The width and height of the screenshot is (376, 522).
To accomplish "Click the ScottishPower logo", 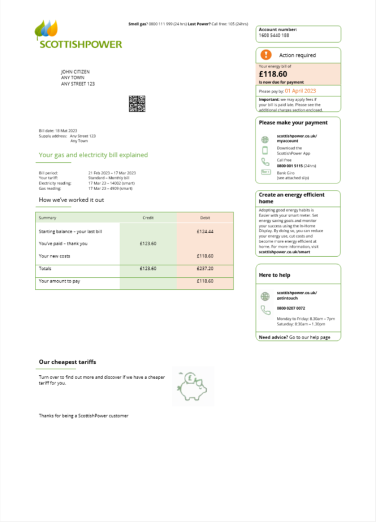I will [x=78, y=35].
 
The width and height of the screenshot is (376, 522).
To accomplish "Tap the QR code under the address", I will [x=136, y=103].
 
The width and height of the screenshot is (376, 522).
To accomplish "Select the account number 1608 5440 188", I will [x=274, y=35].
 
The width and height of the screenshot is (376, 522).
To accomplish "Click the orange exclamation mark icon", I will [x=266, y=55].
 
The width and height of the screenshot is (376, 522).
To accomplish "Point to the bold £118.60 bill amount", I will [x=273, y=74].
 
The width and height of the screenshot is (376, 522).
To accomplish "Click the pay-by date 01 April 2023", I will [x=300, y=91].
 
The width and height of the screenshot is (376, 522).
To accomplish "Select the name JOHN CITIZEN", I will [x=75, y=72].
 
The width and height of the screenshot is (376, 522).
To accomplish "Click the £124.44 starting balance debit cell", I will [x=205, y=231].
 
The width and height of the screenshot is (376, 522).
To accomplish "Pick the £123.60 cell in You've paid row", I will [x=148, y=243].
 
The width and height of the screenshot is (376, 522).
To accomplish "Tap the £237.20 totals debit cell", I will [x=205, y=268].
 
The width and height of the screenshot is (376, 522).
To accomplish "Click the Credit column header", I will [x=148, y=218].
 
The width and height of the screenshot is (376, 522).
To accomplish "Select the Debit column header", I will [x=205, y=218].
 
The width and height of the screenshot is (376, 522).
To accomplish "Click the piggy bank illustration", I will [x=193, y=386].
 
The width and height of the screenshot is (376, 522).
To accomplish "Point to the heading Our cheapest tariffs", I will [x=67, y=362].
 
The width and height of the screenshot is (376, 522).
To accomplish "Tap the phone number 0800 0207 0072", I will [x=291, y=308].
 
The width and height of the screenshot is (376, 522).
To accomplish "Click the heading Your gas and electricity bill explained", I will [x=93, y=155].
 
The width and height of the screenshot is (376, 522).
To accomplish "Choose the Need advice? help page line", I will [x=295, y=337].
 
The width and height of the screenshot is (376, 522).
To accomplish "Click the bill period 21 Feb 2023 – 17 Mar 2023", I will [x=112, y=173].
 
